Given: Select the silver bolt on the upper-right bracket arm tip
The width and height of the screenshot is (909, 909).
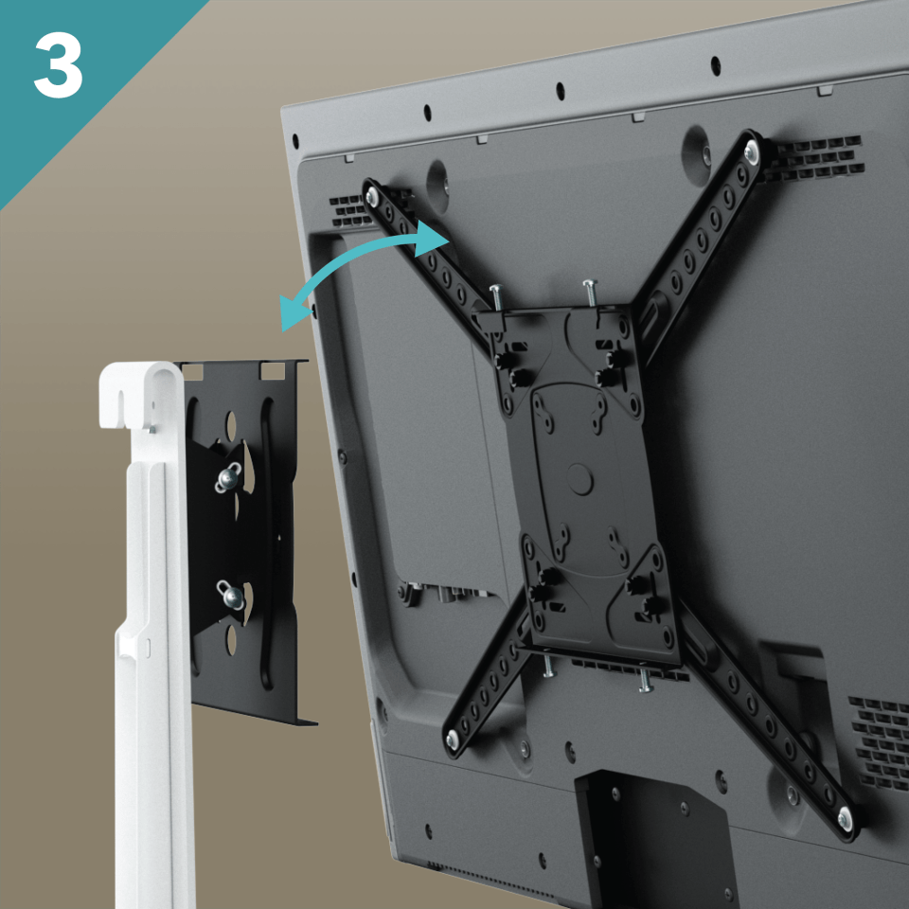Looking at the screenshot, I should tap(751, 150).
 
